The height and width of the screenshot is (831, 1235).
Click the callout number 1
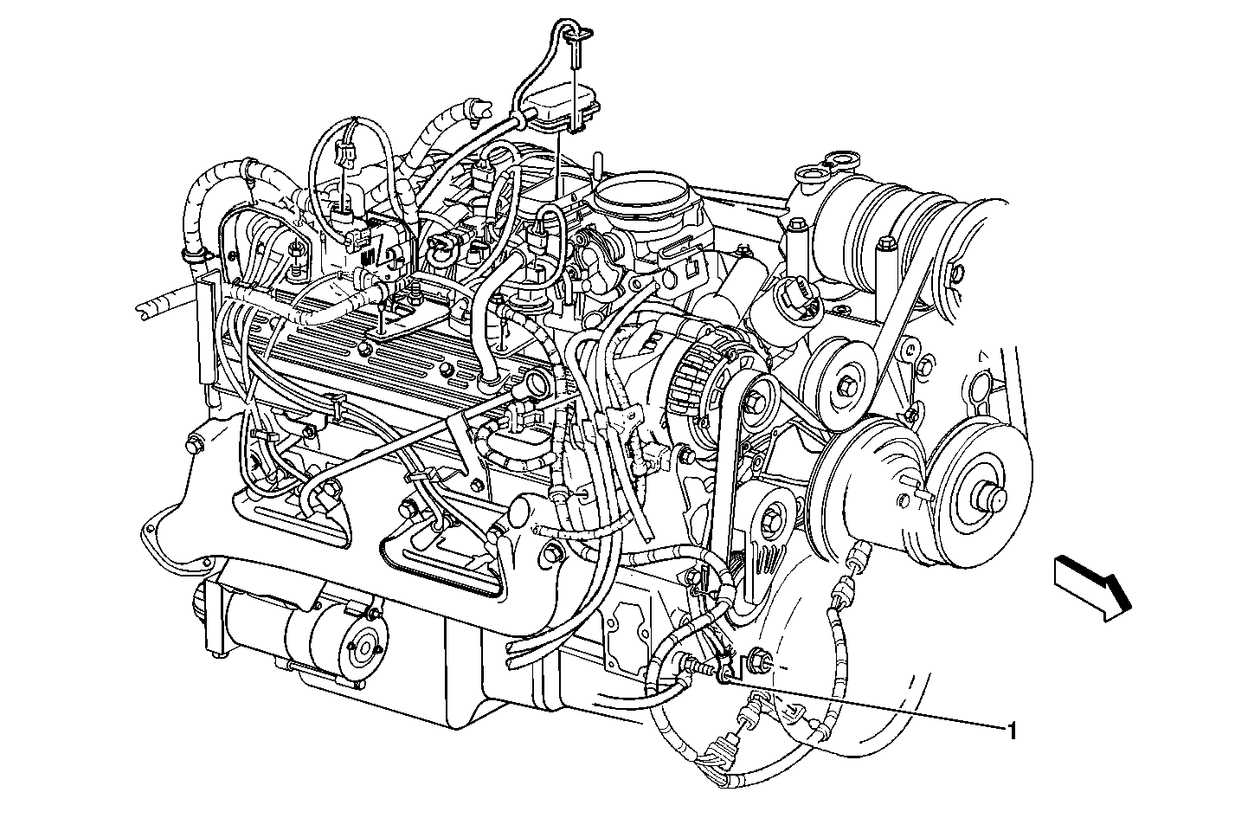click(1011, 731)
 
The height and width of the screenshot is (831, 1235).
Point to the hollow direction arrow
click(1092, 589)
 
